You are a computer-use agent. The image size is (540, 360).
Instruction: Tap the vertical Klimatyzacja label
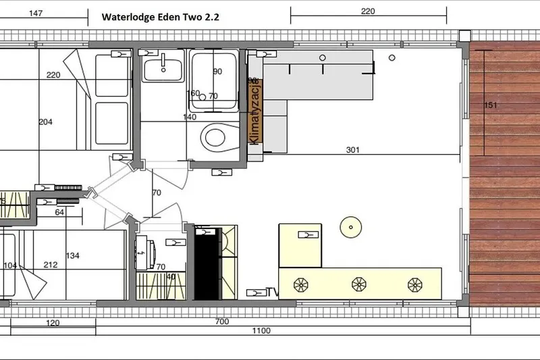point(255,111)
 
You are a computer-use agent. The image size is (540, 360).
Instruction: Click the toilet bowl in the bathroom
point(215,137)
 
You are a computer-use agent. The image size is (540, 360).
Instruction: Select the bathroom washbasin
point(162,67)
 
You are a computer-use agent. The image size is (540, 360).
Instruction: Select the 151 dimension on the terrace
point(491,105)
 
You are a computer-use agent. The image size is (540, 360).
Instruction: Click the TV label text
point(272,292)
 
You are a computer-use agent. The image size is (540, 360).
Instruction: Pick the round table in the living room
point(351,226)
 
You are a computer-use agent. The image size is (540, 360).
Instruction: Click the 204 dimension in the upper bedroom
point(46,122)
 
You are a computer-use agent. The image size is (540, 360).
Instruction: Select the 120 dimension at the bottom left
point(53,322)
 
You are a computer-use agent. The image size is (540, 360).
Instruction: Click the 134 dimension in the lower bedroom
point(73,255)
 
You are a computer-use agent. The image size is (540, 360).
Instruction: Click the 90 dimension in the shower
point(217,71)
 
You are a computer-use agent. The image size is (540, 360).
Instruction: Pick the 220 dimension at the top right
point(368,11)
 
